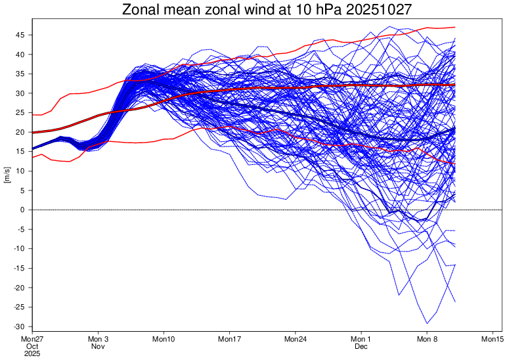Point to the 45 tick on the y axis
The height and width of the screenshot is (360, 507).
(22, 35)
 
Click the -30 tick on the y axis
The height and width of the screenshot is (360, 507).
(20, 326)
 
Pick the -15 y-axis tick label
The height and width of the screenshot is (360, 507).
(20, 268)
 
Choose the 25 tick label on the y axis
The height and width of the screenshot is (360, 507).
(22, 113)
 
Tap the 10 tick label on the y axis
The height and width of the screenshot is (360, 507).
(22, 171)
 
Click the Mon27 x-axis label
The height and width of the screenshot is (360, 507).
(32, 339)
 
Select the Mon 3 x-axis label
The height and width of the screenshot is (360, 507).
(98, 339)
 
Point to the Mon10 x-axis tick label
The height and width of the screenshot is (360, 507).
(164, 339)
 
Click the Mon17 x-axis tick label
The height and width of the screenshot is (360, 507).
(230, 339)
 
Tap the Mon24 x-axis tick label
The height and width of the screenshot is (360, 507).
(296, 339)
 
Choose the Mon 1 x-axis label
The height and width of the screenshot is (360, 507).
(362, 339)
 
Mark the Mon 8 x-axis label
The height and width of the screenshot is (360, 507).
(428, 339)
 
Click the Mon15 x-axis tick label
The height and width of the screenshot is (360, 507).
(493, 339)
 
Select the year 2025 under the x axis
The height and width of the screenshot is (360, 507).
(32, 353)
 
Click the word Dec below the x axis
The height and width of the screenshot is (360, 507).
(362, 346)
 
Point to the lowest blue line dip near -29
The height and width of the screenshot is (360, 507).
(428, 323)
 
